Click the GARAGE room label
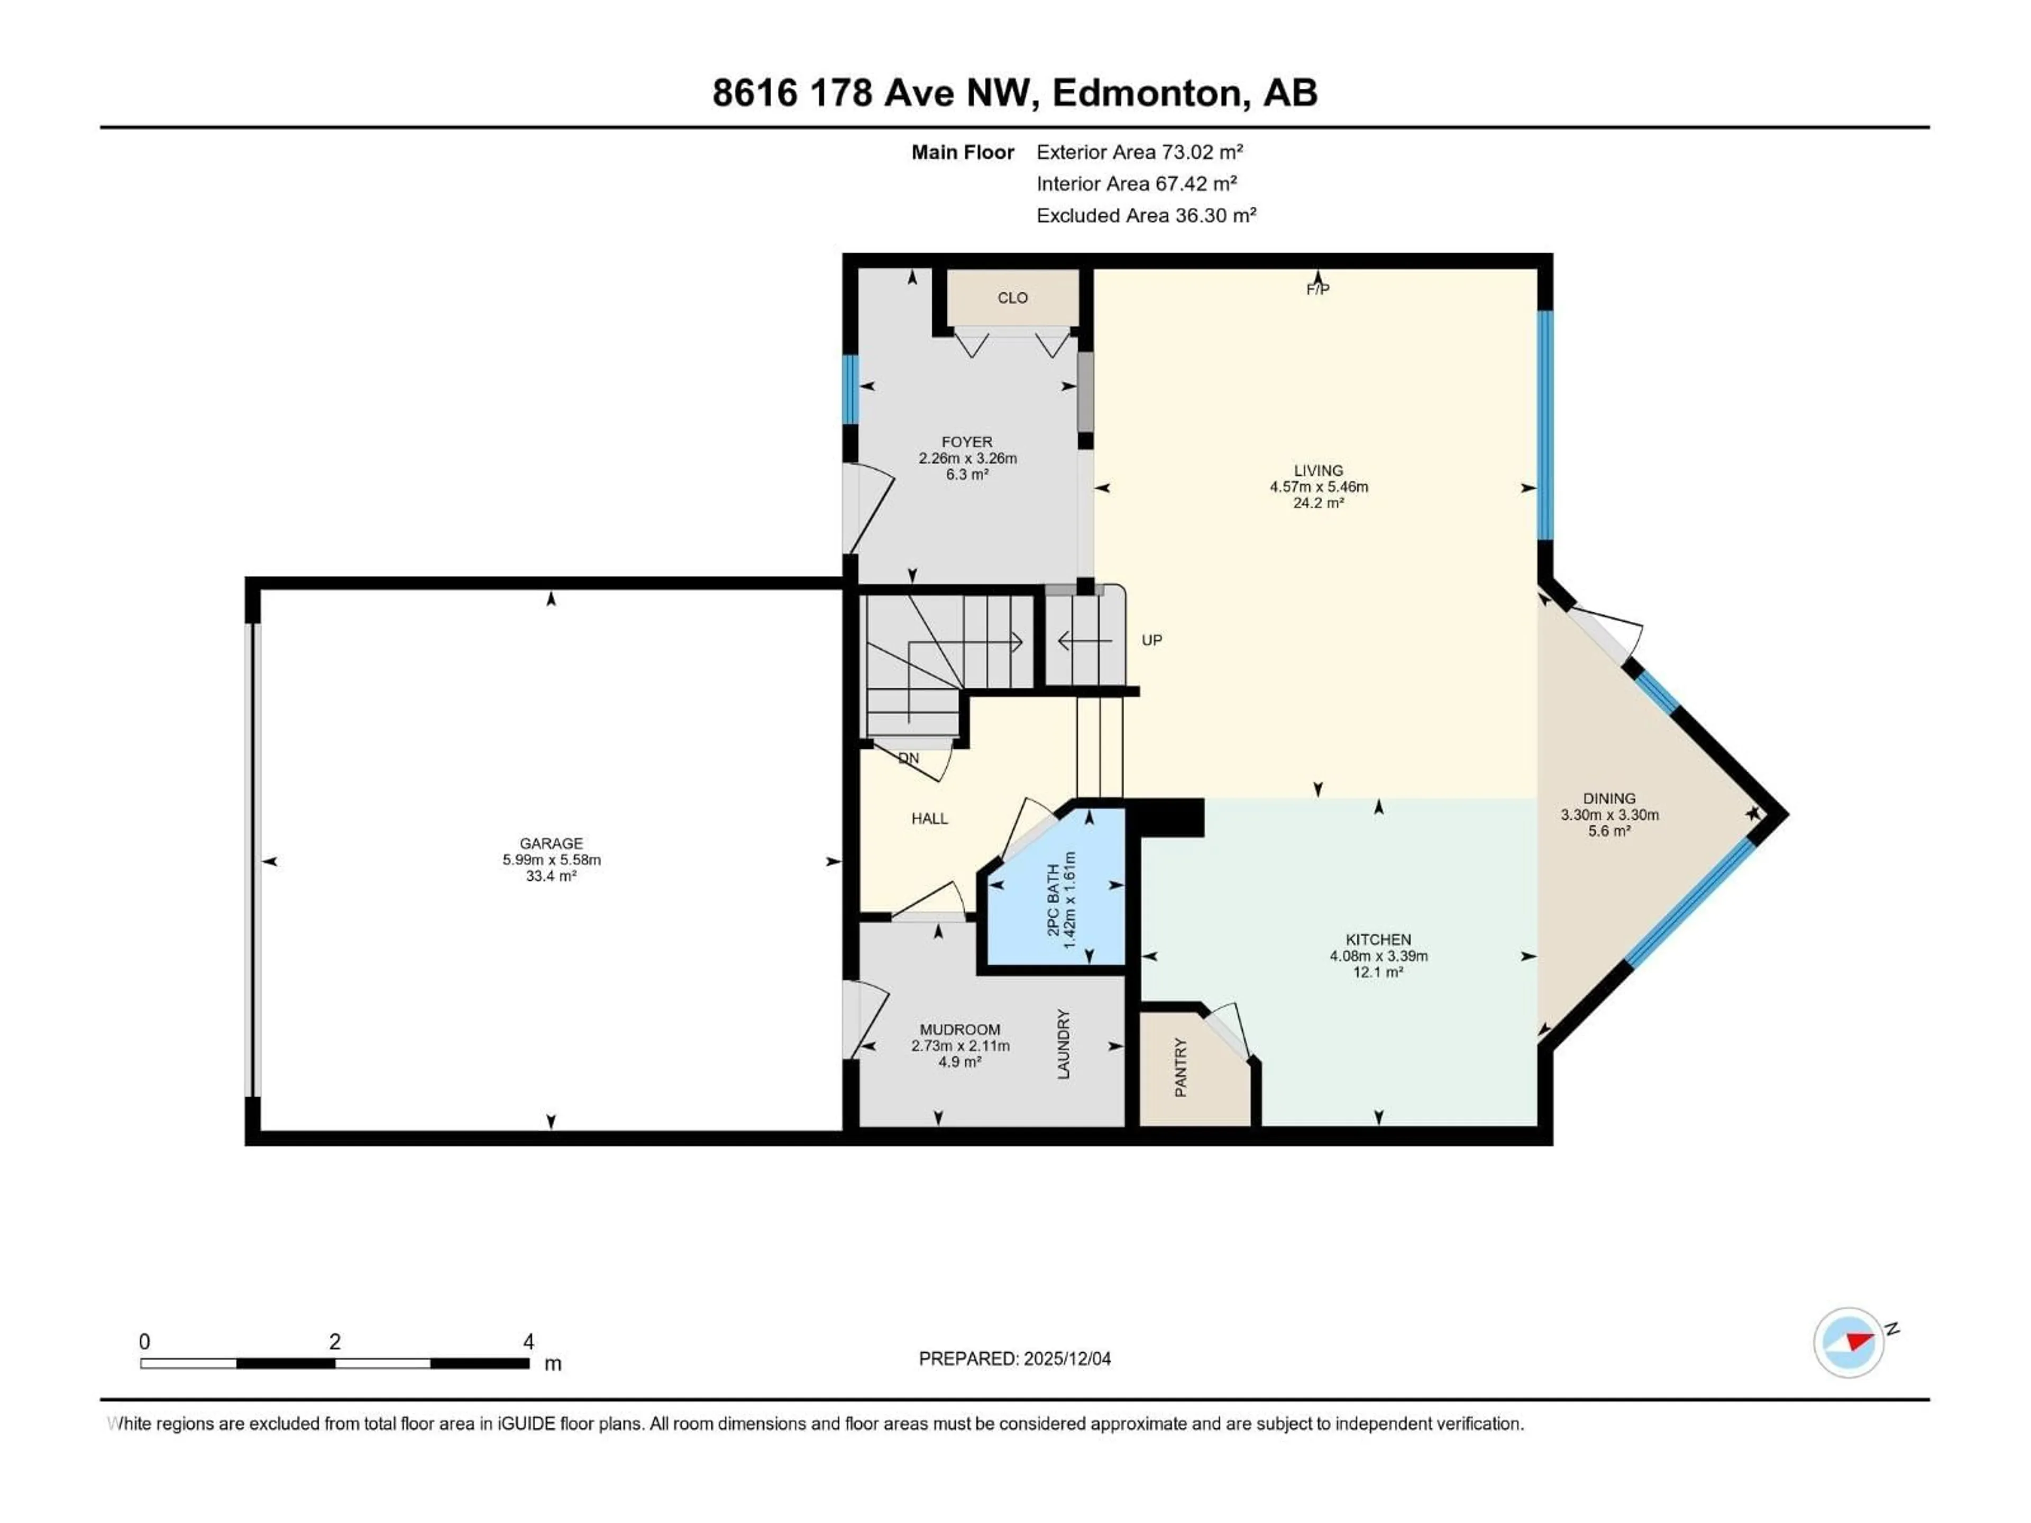pos(551,843)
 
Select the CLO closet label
pos(1013,297)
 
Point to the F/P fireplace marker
pos(1318,289)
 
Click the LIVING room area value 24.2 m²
pos(1319,503)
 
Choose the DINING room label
pos(1608,798)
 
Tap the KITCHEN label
pos(1378,939)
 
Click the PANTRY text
pos(1181,1068)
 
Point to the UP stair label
pos(1151,640)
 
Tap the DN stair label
pos(908,758)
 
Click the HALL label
pos(929,818)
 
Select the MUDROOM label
pos(959,1029)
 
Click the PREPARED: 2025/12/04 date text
pos(1014,1359)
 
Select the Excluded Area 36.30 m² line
pos(1146,215)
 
